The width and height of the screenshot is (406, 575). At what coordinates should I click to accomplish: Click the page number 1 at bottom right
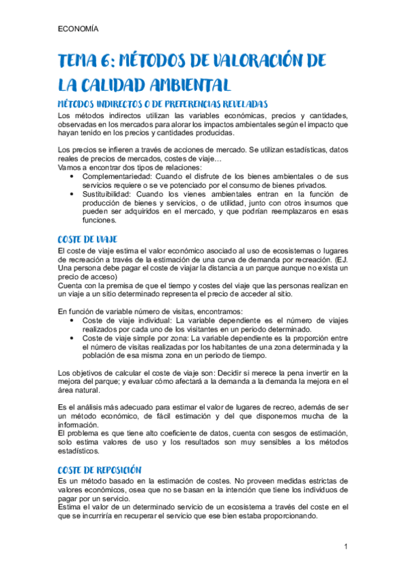tap(346, 547)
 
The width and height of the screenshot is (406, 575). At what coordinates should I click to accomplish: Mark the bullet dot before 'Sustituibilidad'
tap(73, 194)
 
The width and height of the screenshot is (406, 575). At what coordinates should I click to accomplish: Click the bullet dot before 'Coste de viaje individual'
tap(73, 319)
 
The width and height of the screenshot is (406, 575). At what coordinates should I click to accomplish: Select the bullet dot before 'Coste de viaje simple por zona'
tap(73, 337)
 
